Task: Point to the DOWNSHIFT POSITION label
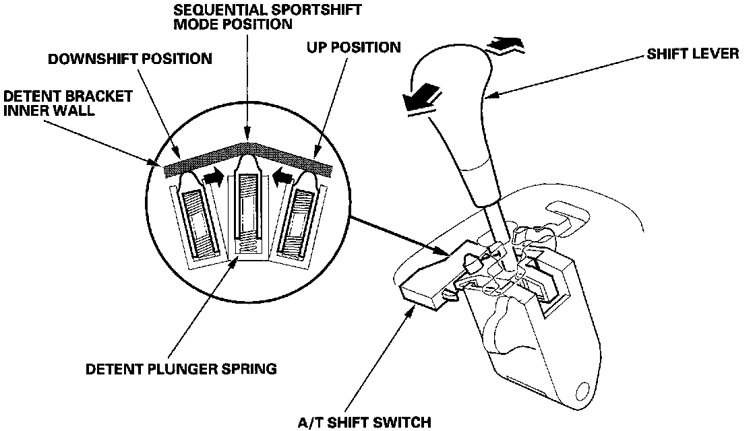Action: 129,59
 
